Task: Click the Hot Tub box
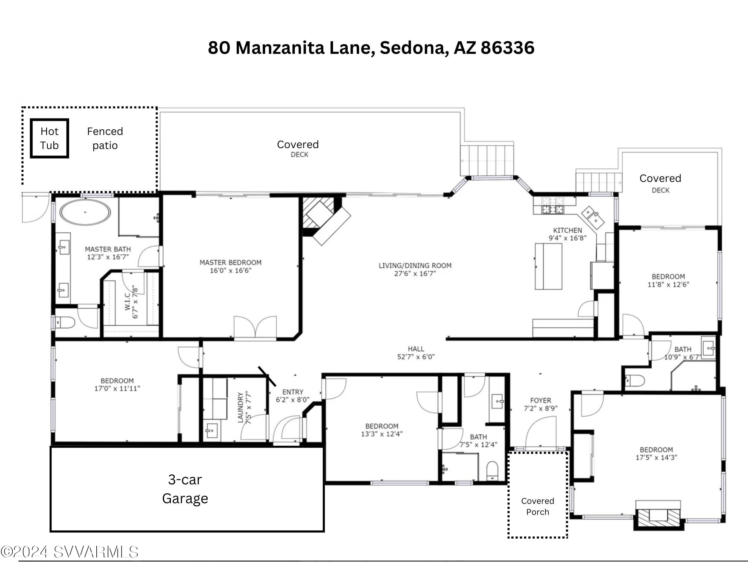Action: (49, 138)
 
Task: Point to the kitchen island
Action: (548, 266)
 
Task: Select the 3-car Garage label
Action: (185, 489)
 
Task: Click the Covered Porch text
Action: (537, 506)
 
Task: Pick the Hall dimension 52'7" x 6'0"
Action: (416, 357)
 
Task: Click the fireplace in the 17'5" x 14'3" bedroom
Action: (658, 515)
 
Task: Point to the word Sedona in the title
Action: (414, 48)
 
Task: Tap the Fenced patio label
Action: (105, 138)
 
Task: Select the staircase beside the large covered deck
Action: (487, 160)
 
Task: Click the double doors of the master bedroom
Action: (255, 328)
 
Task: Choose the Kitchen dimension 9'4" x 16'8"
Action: (568, 238)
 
